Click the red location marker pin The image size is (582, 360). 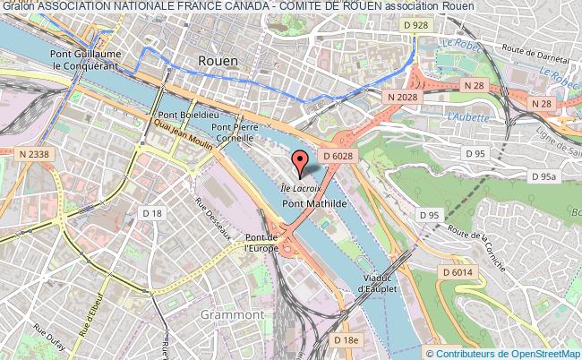[301, 162]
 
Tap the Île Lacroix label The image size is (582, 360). [300, 188]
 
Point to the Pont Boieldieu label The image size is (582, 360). [184, 116]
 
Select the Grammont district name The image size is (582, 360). [233, 315]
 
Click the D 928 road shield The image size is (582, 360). [415, 26]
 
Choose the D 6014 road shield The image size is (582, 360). [457, 271]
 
